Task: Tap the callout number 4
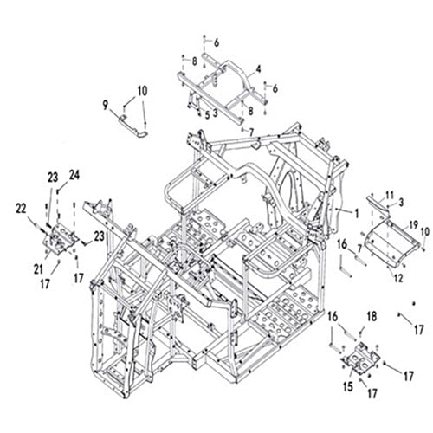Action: point(258,69)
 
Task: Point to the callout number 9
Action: point(105,105)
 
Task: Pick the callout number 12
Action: point(398,278)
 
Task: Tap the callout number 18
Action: point(372,318)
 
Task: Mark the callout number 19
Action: point(413,223)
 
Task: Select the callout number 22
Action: point(21,206)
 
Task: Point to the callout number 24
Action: point(74,175)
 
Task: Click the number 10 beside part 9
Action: point(142,91)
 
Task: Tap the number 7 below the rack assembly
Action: point(251,132)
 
